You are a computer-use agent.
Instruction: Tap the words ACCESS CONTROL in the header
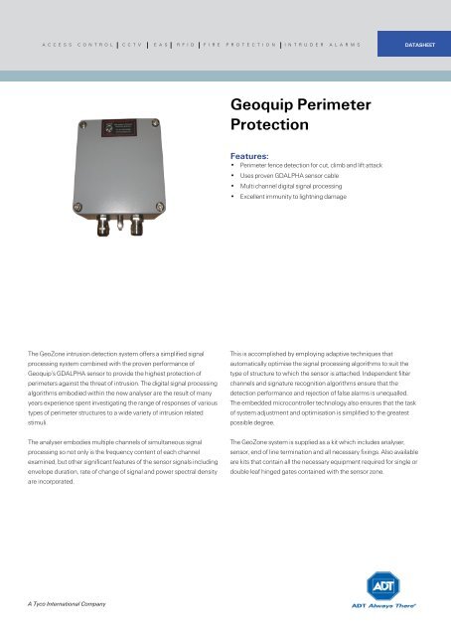76,45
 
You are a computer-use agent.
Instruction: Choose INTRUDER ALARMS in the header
325,45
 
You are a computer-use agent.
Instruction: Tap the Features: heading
254,156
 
